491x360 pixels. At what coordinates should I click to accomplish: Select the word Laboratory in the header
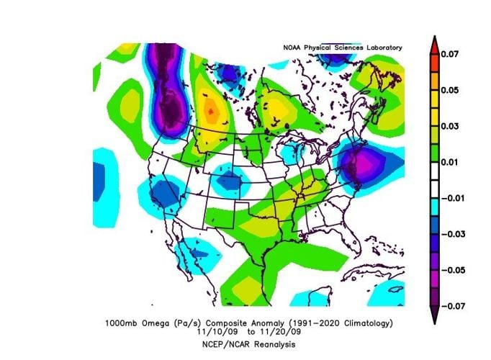click(382, 48)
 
